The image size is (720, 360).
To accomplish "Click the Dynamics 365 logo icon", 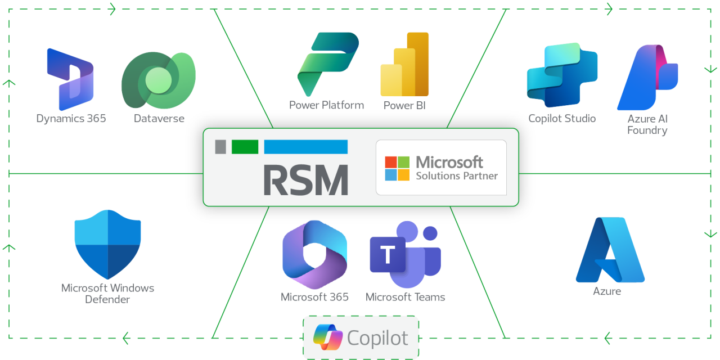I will (70, 79).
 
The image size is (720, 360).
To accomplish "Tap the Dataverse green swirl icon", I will (159, 81).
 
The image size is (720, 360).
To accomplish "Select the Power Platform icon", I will (327, 64).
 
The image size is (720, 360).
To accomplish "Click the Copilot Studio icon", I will (562, 75).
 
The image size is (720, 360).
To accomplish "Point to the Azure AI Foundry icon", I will (648, 78).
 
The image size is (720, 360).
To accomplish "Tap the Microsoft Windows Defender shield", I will (107, 244).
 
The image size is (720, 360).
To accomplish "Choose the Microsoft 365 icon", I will (315, 255).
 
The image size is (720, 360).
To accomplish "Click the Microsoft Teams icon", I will (405, 255).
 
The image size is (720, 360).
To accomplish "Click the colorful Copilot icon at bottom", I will (327, 337).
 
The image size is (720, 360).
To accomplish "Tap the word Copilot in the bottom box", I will (377, 338).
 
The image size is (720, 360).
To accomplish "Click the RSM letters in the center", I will (306, 180).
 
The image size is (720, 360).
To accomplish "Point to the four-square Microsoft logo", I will (397, 168).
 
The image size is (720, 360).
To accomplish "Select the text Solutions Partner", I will (457, 176).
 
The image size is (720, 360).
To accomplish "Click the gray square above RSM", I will (220, 147).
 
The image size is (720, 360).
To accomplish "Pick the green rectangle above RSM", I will (245, 147).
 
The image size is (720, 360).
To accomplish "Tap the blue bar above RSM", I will (305, 147).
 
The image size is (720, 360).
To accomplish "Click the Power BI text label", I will (404, 106).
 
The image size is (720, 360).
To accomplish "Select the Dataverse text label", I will (159, 119).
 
